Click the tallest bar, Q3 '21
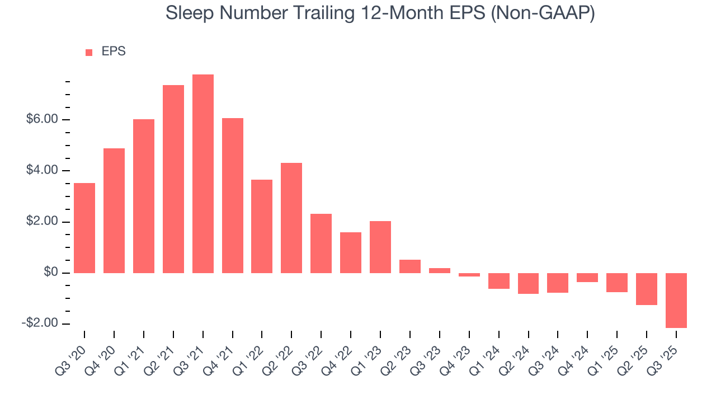tap(203, 174)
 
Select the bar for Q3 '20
tap(84, 228)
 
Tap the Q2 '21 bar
tap(173, 179)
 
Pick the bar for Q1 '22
tap(262, 226)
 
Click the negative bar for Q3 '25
tap(676, 301)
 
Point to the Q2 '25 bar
tap(647, 289)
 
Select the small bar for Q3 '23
tap(440, 270)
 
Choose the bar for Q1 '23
tap(380, 247)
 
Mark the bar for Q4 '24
tap(587, 278)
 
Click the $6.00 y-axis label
tap(42, 120)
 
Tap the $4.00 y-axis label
tap(42, 171)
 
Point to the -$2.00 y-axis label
tap(40, 324)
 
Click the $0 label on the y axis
tap(51, 273)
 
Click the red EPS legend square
tap(89, 53)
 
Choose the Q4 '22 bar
tap(351, 252)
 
